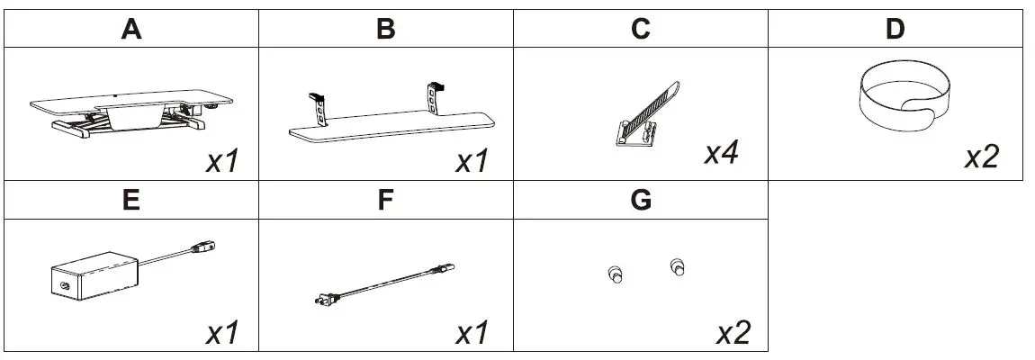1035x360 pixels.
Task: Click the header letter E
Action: click(x=131, y=201)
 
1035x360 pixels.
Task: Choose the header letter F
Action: click(x=386, y=201)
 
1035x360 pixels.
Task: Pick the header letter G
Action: click(x=641, y=201)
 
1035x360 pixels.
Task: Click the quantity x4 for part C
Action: click(x=722, y=152)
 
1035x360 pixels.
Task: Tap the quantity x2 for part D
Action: click(x=981, y=157)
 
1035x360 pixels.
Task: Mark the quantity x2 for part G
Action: click(x=733, y=332)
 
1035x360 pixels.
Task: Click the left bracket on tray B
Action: click(x=317, y=108)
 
